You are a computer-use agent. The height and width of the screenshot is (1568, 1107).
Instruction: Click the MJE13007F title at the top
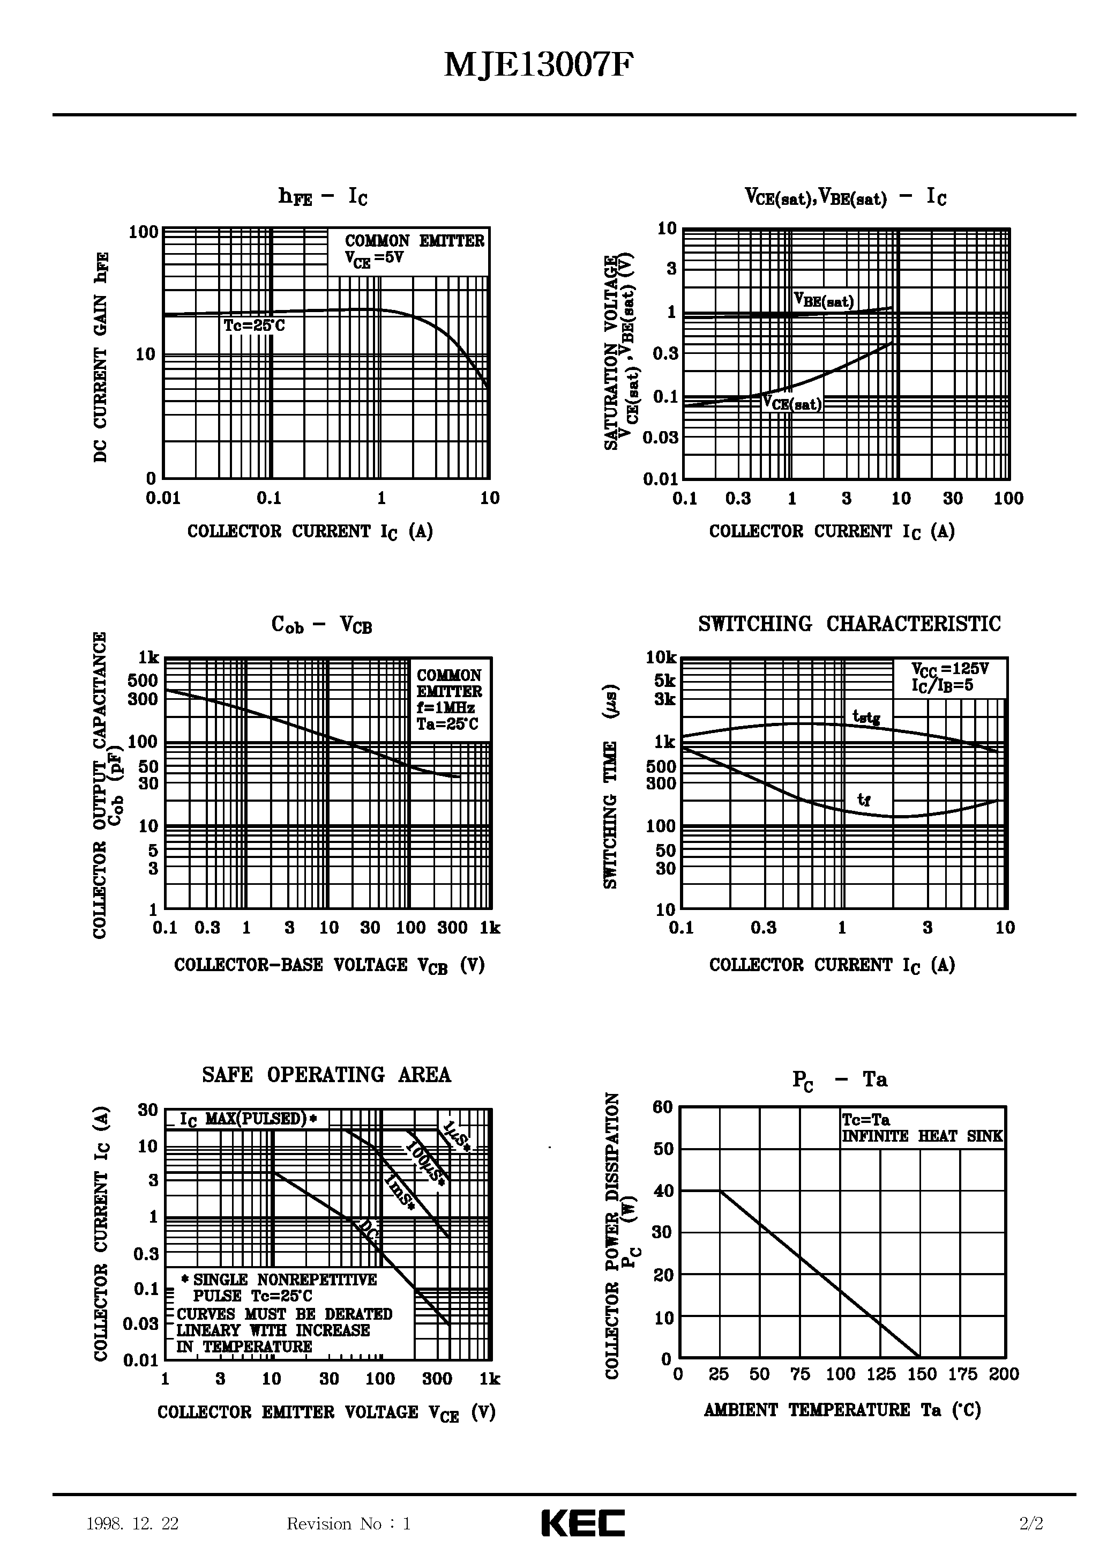[x=538, y=66]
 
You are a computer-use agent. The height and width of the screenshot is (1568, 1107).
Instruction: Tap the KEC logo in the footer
[x=583, y=1523]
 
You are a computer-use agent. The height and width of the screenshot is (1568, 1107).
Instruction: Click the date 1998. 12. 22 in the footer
[x=132, y=1523]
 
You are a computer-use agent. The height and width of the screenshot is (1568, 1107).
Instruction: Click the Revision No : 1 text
[x=349, y=1523]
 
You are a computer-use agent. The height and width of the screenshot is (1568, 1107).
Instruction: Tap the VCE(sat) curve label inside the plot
[x=792, y=404]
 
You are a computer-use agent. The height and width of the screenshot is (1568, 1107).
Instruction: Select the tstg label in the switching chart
[x=866, y=717]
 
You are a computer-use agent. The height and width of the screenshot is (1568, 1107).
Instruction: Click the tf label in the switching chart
[x=864, y=800]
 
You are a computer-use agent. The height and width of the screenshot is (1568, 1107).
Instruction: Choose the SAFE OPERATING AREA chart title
[x=326, y=1076]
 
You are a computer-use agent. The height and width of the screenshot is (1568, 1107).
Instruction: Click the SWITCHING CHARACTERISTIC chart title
[x=849, y=624]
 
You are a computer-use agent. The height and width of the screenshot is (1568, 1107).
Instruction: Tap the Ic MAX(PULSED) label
[x=249, y=1119]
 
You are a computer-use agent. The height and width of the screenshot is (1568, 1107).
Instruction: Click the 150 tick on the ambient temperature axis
[x=922, y=1374]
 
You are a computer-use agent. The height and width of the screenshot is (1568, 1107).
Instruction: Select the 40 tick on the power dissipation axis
[x=663, y=1191]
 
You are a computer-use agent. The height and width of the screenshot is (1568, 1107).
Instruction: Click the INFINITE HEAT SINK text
[x=922, y=1136]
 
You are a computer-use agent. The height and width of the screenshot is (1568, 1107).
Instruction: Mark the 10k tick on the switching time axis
[x=661, y=657]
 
